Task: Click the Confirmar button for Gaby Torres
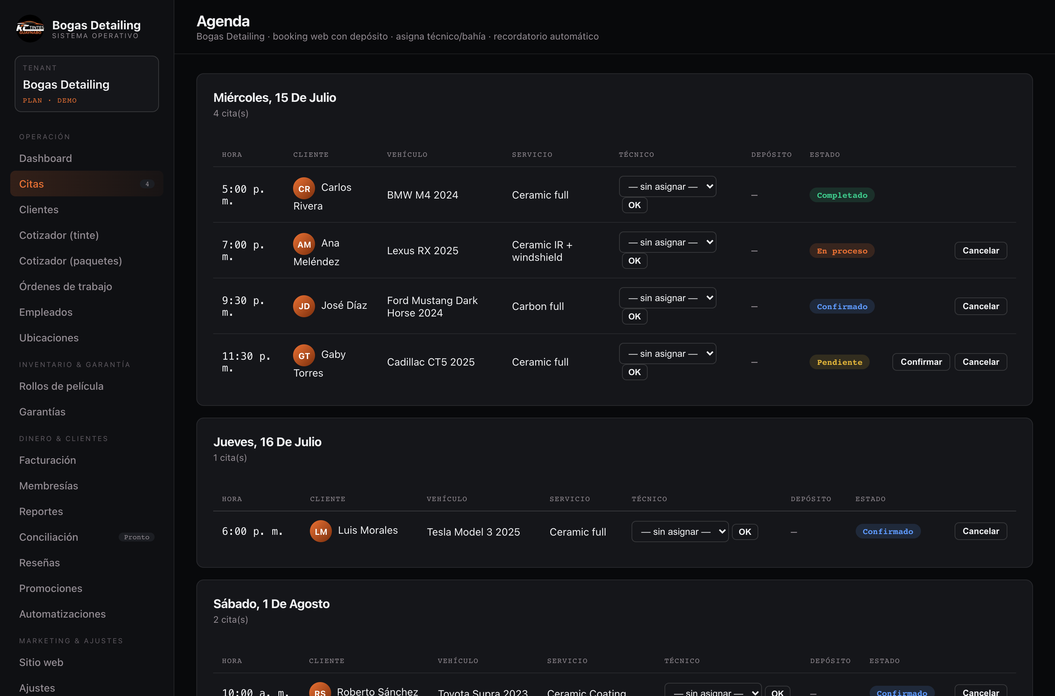(921, 362)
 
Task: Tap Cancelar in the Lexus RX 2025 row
(980, 250)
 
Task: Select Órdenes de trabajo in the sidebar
(65, 286)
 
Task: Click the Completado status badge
(841, 195)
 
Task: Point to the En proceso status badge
(841, 251)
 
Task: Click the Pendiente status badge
(839, 362)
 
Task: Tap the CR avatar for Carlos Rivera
(304, 188)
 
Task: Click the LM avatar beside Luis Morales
(321, 531)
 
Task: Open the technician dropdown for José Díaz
(667, 298)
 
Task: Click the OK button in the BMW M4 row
(634, 205)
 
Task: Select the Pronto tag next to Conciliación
(137, 537)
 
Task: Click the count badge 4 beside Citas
(147, 184)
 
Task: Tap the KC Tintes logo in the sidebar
(30, 29)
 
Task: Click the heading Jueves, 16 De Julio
(267, 442)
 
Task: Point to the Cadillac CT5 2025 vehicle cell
(430, 362)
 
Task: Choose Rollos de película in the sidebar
(61, 386)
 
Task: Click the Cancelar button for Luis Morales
(980, 531)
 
